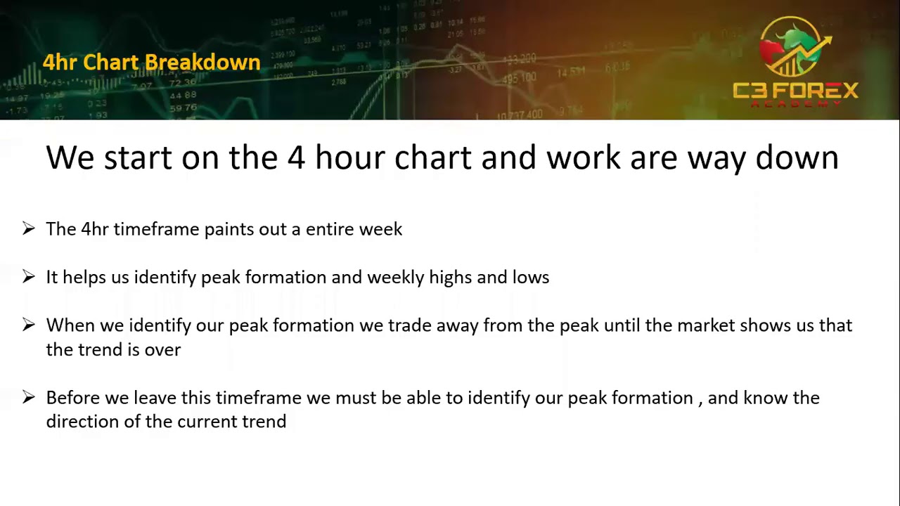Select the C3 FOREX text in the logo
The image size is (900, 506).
[795, 91]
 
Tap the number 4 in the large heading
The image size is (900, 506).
[295, 158]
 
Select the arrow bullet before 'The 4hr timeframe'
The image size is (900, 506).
[28, 228]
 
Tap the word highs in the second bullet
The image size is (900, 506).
[451, 278]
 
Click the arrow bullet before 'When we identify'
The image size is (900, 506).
[28, 325]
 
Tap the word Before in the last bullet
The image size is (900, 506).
[73, 398]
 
